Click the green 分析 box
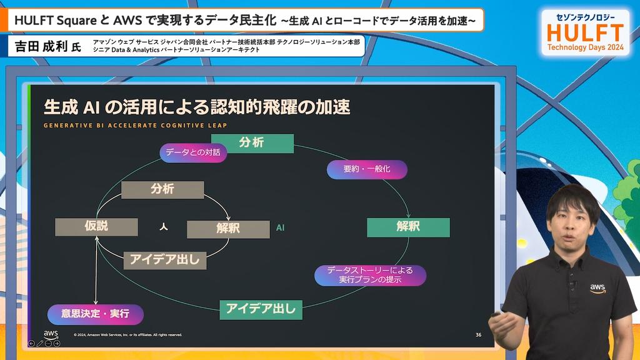(x=258, y=143)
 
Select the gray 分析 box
(x=162, y=190)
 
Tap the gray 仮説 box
(x=96, y=227)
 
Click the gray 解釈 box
(x=228, y=229)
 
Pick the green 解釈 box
(x=408, y=227)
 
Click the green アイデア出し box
(x=261, y=310)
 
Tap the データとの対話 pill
(x=193, y=152)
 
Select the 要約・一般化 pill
(x=367, y=169)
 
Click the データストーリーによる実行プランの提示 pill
(x=370, y=275)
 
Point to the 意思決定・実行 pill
(x=96, y=314)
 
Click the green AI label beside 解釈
(x=280, y=227)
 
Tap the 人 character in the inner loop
(x=164, y=226)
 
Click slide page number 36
(x=478, y=335)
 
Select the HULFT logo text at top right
(x=585, y=32)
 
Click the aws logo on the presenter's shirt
(x=597, y=289)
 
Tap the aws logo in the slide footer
(x=51, y=334)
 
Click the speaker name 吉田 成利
(x=41, y=46)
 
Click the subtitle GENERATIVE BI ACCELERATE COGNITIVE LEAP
(x=135, y=125)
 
